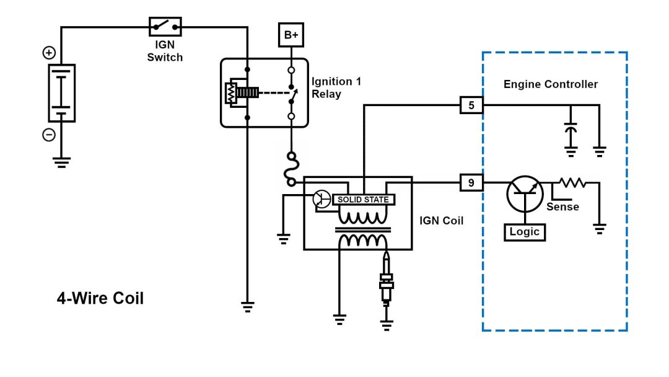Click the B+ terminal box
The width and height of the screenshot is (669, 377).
pos(291,35)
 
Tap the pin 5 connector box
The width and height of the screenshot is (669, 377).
pos(471,105)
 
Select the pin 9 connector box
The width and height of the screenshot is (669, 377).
pos(471,182)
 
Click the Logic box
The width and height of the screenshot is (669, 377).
pos(525,232)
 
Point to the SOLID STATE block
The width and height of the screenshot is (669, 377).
pos(363,200)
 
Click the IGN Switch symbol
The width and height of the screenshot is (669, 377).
pos(165,26)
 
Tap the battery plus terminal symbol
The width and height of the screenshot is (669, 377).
pos(49,53)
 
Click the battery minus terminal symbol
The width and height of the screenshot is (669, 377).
pos(49,135)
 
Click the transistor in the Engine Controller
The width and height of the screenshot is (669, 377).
pos(525,194)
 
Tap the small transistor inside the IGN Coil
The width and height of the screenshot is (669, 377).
pos(321,198)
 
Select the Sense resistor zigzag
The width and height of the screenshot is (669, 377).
pos(572,182)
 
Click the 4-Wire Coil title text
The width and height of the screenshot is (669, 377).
pos(100,298)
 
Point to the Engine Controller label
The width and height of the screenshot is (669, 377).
pos(551,84)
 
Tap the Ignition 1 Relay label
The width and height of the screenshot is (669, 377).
pos(336,87)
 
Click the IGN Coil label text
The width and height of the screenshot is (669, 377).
pos(442,220)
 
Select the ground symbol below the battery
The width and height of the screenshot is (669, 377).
pos(61,162)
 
